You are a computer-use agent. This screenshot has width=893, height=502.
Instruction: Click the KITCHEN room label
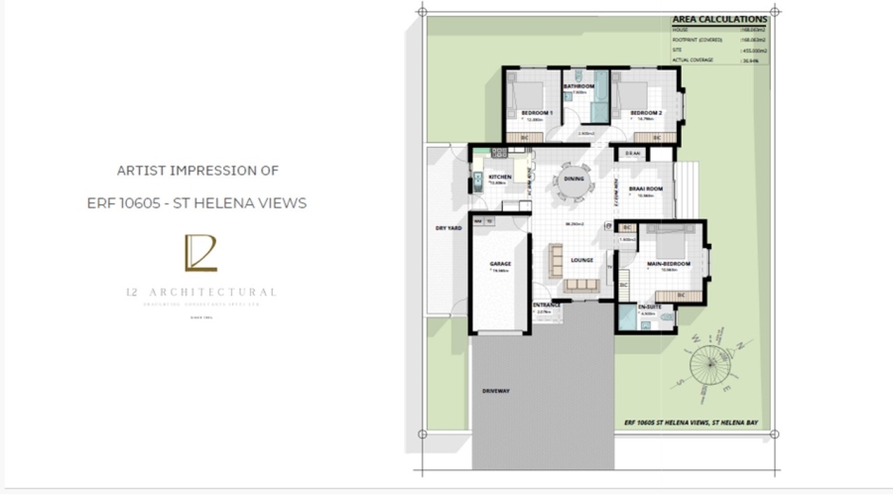[499, 177]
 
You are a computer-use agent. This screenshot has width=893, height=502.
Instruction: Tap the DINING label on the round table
[574, 180]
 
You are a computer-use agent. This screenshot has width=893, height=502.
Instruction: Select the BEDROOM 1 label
[537, 113]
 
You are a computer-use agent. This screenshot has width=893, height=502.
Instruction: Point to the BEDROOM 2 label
[645, 113]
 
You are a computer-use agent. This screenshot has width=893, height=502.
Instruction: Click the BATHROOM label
[578, 86]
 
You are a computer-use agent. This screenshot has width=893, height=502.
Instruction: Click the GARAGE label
[499, 264]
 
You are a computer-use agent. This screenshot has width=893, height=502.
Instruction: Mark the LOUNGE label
[581, 261]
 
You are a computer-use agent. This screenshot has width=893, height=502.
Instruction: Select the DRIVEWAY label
[495, 391]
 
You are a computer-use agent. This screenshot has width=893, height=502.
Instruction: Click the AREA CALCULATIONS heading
[719, 19]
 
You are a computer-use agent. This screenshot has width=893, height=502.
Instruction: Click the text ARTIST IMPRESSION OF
[197, 171]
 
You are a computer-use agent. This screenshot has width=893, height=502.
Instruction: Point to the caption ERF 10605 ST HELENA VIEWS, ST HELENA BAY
[691, 423]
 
